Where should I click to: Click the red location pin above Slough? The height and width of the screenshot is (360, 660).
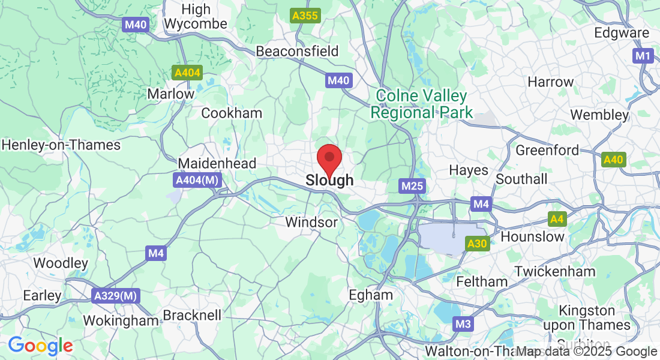click(329, 159)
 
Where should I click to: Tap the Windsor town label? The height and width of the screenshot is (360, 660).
click(311, 222)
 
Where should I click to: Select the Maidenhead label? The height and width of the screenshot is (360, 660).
click(217, 163)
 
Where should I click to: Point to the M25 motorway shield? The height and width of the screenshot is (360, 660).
click(413, 186)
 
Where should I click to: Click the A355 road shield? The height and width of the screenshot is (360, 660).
click(305, 16)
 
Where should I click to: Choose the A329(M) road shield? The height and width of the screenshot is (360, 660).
click(116, 295)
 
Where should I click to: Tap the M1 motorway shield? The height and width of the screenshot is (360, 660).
click(643, 56)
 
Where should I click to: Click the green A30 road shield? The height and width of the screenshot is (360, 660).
click(478, 243)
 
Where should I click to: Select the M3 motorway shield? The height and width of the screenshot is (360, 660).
click(463, 325)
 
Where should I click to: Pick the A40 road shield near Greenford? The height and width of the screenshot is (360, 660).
click(613, 160)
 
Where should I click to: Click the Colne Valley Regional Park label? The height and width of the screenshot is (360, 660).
click(421, 104)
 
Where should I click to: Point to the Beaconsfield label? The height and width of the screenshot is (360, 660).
click(297, 51)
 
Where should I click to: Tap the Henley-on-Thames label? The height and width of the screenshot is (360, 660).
click(61, 145)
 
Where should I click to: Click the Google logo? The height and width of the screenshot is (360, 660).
click(40, 346)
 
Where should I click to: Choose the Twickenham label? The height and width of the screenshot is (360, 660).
click(554, 271)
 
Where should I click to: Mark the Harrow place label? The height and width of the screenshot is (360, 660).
click(550, 82)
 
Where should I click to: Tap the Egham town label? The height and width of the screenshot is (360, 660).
click(371, 295)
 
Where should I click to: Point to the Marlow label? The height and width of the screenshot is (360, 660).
click(171, 94)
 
